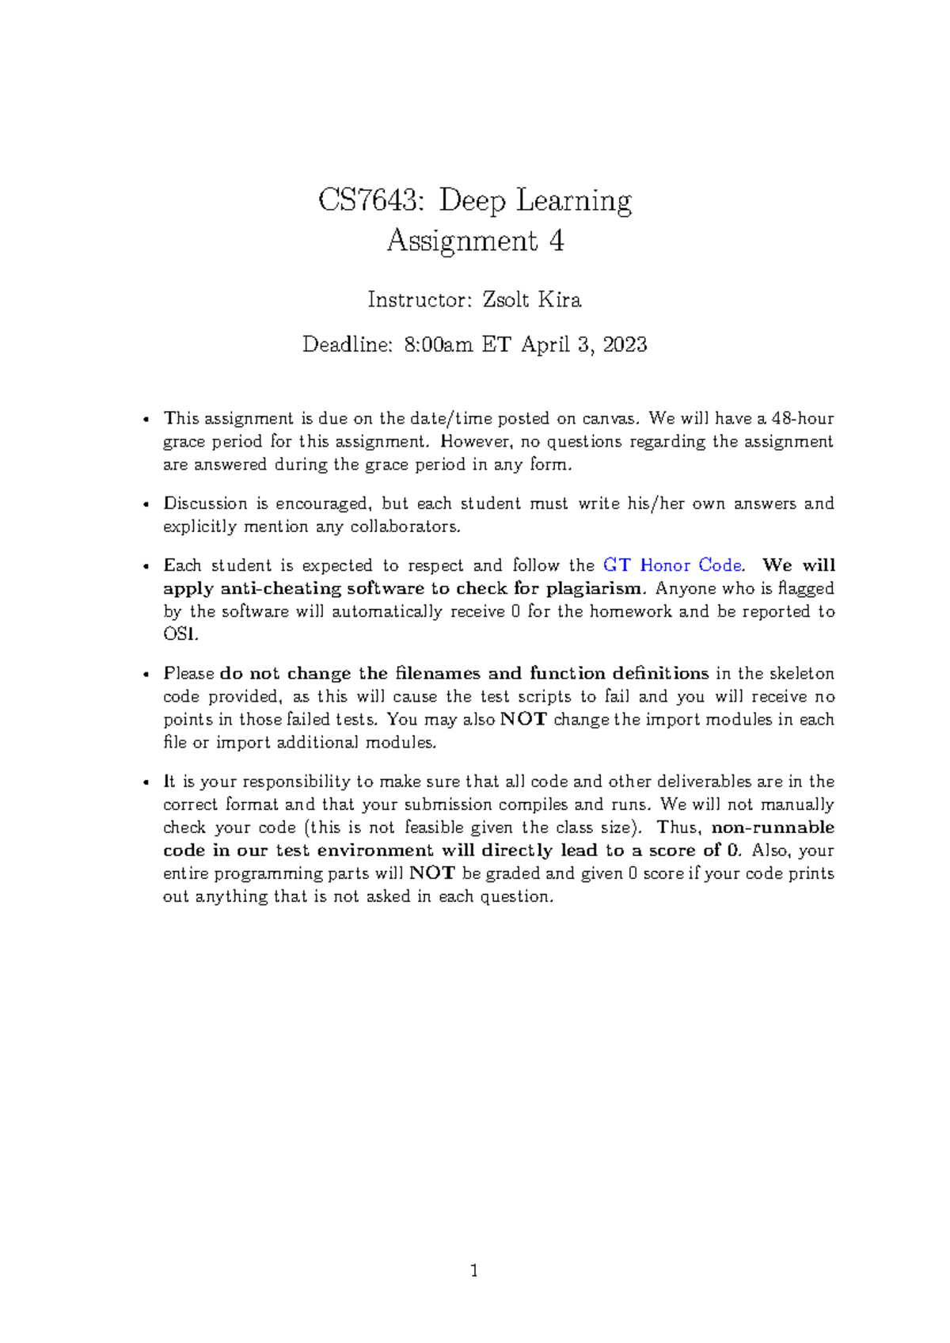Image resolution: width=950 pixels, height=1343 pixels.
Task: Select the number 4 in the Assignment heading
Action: tap(557, 240)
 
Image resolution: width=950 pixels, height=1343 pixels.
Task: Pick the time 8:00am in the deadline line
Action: tap(438, 344)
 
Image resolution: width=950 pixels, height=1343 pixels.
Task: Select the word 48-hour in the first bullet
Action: tap(803, 418)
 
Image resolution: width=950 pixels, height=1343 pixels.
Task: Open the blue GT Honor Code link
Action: tap(672, 565)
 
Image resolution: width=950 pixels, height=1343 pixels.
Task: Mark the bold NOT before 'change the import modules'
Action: tap(523, 720)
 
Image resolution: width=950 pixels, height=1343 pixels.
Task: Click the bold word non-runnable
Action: tap(773, 827)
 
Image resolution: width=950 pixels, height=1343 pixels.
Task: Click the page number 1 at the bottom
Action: tap(474, 1272)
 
